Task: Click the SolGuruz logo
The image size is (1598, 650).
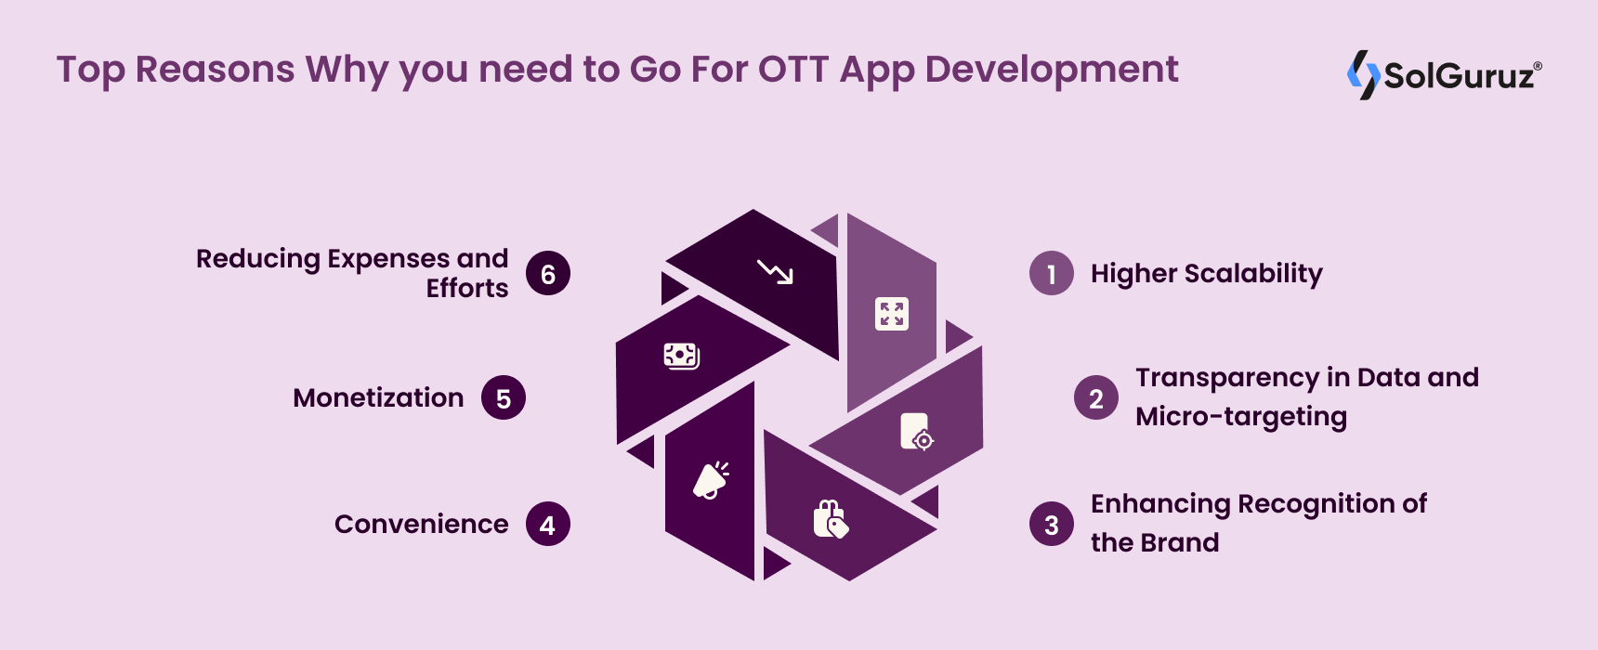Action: [x=1444, y=74]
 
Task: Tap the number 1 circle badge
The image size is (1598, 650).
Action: [x=1052, y=274]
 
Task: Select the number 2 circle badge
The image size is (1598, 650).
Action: [x=1096, y=398]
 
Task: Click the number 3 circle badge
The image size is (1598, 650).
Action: [x=1052, y=525]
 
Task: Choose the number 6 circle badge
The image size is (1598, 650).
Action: [x=548, y=274]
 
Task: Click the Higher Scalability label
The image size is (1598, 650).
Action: [x=1206, y=274]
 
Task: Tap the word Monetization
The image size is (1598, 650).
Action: [x=378, y=397]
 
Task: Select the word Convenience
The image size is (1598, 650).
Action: [x=421, y=524]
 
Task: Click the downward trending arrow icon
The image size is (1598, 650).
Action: [x=775, y=271]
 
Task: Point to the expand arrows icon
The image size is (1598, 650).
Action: [x=892, y=314]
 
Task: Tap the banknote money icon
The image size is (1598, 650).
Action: [x=681, y=355]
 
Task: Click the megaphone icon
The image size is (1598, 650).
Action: [x=712, y=480]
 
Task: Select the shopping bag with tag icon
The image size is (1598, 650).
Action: [x=831, y=519]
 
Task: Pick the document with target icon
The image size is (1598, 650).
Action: [x=916, y=432]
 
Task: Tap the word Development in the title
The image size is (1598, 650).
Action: [x=1052, y=71]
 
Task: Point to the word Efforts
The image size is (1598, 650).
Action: [x=467, y=288]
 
